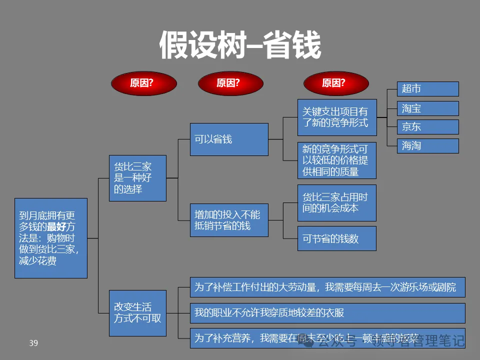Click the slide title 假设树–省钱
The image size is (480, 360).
240,45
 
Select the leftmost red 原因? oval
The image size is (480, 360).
143,83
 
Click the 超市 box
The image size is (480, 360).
427,89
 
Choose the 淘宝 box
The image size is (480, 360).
427,108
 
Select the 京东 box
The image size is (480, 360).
427,127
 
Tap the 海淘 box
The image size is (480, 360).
427,146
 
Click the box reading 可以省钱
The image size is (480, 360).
229,139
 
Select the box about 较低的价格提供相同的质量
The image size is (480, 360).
336,160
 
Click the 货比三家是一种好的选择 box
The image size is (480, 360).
137,178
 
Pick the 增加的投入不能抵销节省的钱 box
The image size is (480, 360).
229,220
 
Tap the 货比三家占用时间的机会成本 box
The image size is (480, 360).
336,203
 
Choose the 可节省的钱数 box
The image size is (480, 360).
336,238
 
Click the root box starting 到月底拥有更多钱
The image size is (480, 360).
51,238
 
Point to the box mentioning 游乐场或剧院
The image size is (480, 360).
327,287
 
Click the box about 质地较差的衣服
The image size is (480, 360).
327,313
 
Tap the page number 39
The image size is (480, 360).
33,343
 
